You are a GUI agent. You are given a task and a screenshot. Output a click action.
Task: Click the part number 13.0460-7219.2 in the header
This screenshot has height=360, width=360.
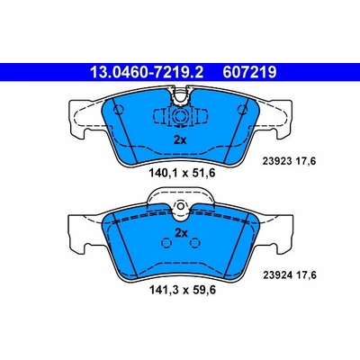coord(147,72)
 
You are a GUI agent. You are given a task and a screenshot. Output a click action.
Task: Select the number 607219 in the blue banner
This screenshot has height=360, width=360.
coord(249,72)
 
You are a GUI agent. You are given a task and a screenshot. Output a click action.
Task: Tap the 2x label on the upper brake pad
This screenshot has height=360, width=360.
coord(180,139)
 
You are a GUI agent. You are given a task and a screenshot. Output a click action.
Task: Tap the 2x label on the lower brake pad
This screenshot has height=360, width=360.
coord(181,233)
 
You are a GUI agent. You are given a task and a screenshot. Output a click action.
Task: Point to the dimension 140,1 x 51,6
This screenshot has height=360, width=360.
coord(182,173)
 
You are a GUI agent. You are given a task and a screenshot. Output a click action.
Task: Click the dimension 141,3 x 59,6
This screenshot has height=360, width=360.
coord(183,290)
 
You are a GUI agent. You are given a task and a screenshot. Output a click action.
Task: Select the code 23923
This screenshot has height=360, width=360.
coord(277,161)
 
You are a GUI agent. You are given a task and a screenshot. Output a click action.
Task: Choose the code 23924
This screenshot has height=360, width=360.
coord(277,275)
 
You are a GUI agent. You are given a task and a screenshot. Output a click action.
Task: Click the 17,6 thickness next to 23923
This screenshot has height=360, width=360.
coord(306,161)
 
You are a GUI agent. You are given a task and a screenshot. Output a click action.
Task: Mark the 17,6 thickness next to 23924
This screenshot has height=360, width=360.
coord(306,275)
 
